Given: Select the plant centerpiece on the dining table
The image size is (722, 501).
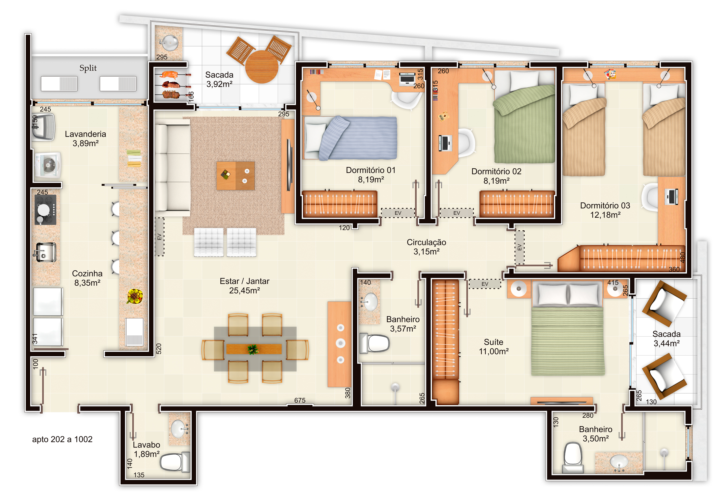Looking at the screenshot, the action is tap(253, 349).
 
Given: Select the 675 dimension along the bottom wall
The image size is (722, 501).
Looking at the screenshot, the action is tap(300, 400).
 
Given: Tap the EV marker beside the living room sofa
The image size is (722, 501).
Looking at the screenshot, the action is tap(159, 237).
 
